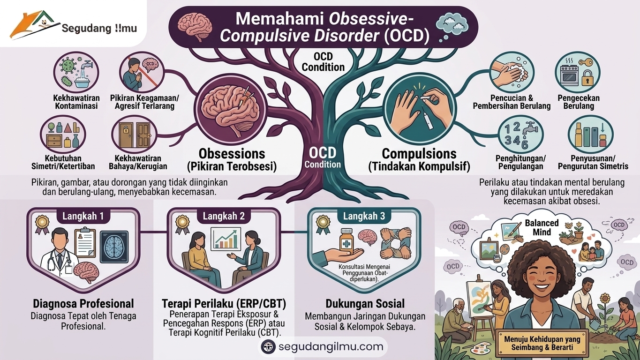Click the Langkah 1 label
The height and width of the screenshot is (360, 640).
83,216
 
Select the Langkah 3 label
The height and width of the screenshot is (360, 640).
364,216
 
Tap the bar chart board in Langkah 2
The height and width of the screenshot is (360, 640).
226,239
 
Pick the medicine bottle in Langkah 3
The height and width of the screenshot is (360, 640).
346,240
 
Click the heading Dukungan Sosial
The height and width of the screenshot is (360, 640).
365,303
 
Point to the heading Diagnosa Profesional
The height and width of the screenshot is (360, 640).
83,303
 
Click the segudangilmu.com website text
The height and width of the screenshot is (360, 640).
331,346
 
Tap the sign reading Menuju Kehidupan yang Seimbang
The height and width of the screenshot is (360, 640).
542,343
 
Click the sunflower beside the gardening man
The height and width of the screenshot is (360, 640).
605,299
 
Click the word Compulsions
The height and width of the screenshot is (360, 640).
419,154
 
